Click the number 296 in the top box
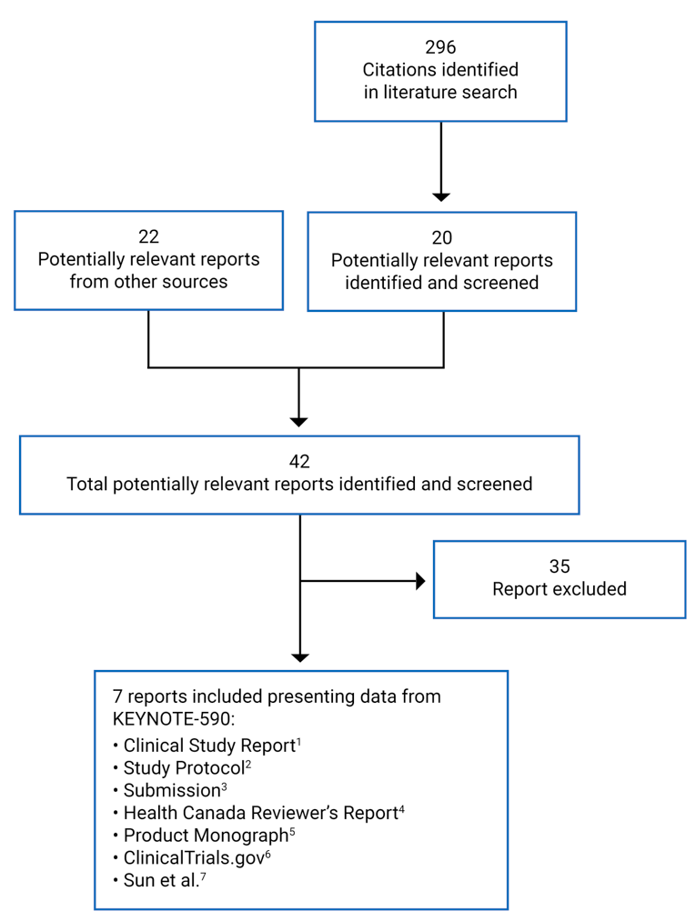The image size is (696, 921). pyautogui.click(x=440, y=47)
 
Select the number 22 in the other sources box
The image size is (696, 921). pyautogui.click(x=148, y=236)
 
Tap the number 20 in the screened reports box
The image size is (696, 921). pyautogui.click(x=441, y=237)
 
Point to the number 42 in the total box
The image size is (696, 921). pyautogui.click(x=299, y=461)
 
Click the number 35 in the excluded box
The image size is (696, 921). pyautogui.click(x=559, y=566)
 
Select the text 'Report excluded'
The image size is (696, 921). pyautogui.click(x=559, y=589)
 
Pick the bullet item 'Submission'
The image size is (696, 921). pyautogui.click(x=172, y=790)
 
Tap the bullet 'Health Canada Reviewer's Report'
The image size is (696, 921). pyautogui.click(x=259, y=813)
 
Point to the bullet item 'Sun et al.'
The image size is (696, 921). pyautogui.click(x=160, y=880)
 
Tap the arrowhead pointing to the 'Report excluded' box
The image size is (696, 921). pyautogui.click(x=420, y=581)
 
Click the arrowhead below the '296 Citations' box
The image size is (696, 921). pyautogui.click(x=440, y=195)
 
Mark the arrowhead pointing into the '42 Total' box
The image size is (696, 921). pyautogui.click(x=298, y=422)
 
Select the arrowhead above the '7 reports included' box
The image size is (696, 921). pyautogui.click(x=299, y=657)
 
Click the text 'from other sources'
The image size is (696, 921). pyautogui.click(x=148, y=281)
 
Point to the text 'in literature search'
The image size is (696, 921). pyautogui.click(x=440, y=92)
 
